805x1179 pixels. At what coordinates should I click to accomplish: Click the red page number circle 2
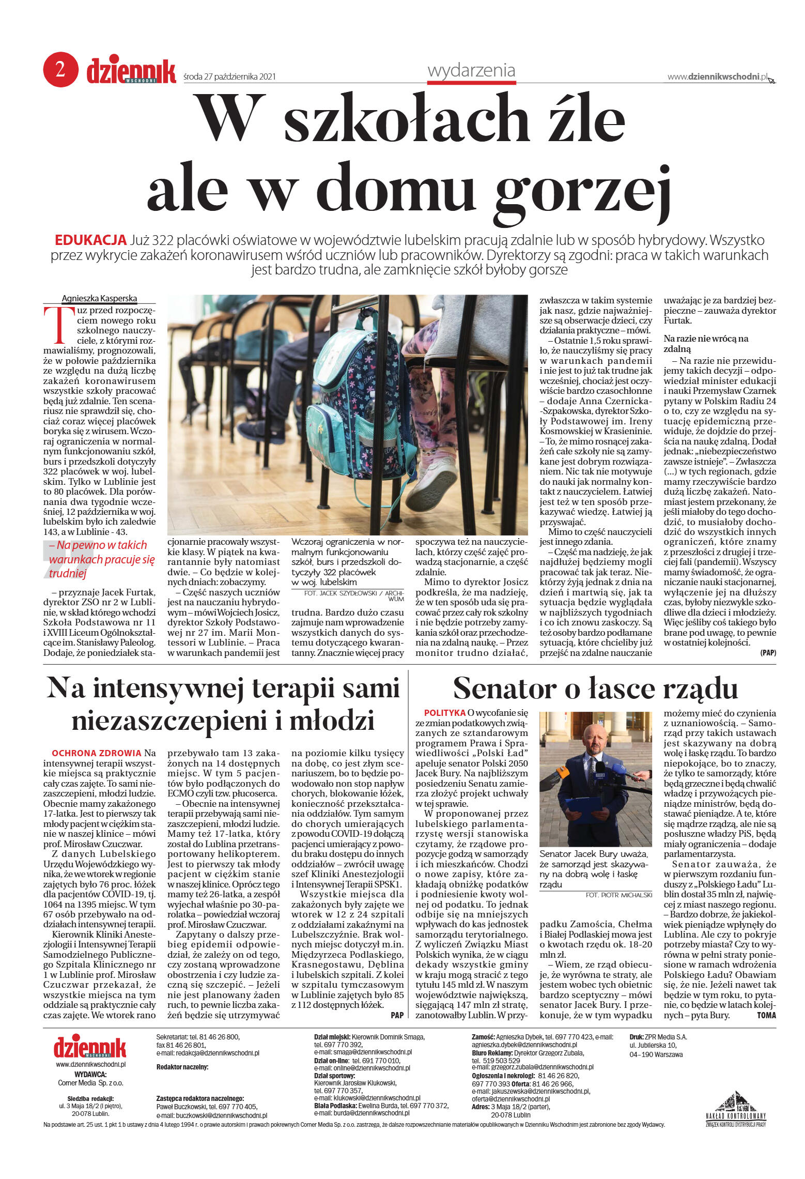(x=60, y=69)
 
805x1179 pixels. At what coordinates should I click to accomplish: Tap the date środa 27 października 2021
(x=229, y=77)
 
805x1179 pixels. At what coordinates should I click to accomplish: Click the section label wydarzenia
(x=471, y=70)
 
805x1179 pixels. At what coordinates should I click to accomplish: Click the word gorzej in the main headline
(x=584, y=189)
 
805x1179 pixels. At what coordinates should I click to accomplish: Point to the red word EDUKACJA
(x=90, y=240)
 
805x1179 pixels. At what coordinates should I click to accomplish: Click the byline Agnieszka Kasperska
(x=99, y=298)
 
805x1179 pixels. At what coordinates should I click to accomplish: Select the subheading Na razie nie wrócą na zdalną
(x=705, y=344)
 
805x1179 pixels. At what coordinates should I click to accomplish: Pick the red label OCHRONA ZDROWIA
(x=97, y=753)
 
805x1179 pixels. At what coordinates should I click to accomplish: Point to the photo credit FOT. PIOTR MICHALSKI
(x=618, y=895)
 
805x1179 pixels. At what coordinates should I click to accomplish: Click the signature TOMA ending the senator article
(x=766, y=1015)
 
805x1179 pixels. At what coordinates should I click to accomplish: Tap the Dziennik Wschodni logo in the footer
(x=90, y=1045)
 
